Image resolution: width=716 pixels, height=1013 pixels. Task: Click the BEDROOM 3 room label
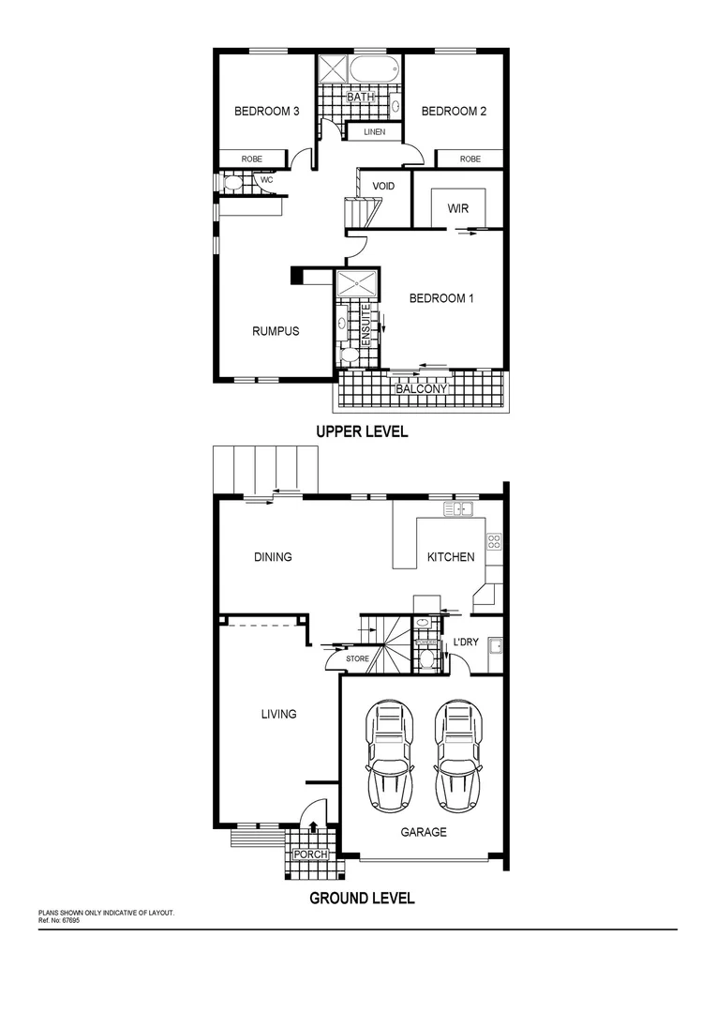click(x=266, y=112)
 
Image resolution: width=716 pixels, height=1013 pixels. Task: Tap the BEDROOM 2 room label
click(x=454, y=112)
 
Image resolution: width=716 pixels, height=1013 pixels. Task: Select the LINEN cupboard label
click(x=374, y=132)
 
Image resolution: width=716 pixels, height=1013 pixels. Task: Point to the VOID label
click(x=383, y=187)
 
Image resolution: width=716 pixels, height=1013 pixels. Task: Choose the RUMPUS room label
click(x=276, y=331)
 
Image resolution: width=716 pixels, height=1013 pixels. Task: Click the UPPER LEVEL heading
click(x=362, y=432)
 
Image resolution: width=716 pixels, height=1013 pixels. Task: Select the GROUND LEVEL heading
click(x=362, y=898)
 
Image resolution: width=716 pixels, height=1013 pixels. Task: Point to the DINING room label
click(x=273, y=557)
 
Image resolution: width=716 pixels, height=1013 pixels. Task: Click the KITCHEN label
click(x=451, y=557)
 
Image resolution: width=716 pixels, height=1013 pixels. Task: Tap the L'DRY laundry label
click(x=466, y=643)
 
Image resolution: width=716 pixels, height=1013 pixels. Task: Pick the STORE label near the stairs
click(x=358, y=659)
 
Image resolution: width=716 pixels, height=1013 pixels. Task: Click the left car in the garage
click(x=392, y=755)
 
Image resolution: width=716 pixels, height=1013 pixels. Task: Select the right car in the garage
click(x=456, y=755)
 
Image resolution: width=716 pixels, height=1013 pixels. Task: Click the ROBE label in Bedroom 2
click(x=470, y=159)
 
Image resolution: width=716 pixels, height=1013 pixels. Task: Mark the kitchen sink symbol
click(x=458, y=509)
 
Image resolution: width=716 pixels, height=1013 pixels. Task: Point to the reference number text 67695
click(x=68, y=920)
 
